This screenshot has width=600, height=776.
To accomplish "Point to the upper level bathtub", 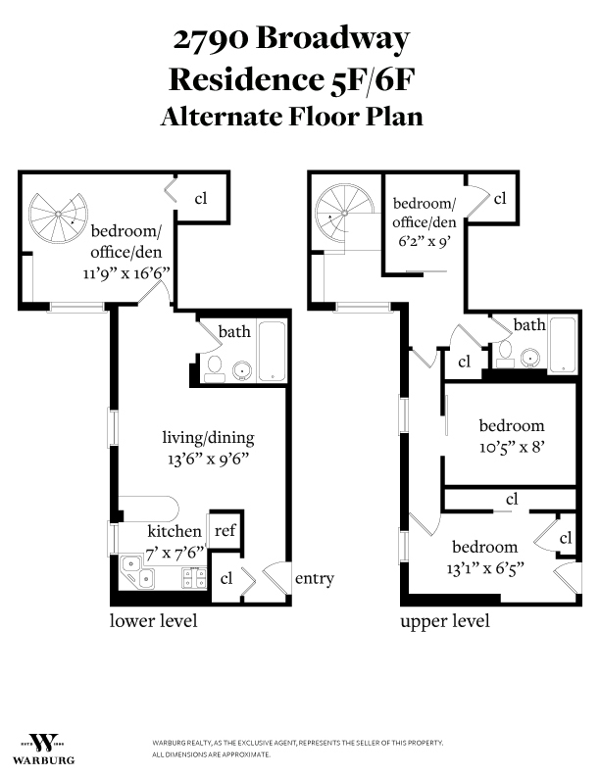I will pyautogui.click(x=562, y=344).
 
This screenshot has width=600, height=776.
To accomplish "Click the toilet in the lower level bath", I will pyautogui.click(x=216, y=367).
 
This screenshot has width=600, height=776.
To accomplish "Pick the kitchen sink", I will pyautogui.click(x=133, y=573).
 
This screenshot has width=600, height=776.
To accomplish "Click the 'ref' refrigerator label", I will pyautogui.click(x=225, y=530).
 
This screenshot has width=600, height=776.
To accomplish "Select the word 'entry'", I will pyautogui.click(x=315, y=578).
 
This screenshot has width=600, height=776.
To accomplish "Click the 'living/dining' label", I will pyautogui.click(x=204, y=436).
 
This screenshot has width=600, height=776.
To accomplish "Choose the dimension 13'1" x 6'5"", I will pyautogui.click(x=484, y=566).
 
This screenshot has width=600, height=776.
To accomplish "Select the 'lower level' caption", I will pyautogui.click(x=153, y=621).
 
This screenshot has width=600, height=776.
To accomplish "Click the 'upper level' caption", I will pyautogui.click(x=444, y=621).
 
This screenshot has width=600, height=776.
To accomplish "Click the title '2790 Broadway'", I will pyautogui.click(x=291, y=40).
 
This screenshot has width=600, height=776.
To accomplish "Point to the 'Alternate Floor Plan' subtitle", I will pyautogui.click(x=291, y=116).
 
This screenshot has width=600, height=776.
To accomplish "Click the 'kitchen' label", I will pyautogui.click(x=175, y=531).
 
